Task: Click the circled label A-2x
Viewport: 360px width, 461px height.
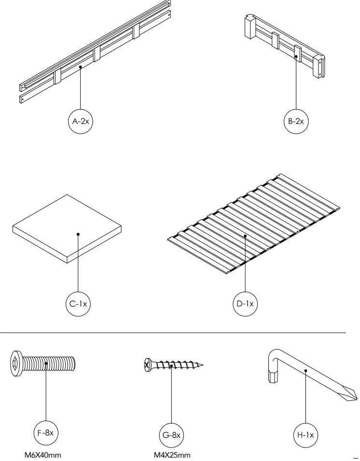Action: (80, 122)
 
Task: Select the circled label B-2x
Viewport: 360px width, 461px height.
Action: (296, 122)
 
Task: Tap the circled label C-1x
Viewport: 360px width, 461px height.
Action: (78, 304)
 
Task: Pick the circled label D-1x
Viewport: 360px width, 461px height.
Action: (245, 304)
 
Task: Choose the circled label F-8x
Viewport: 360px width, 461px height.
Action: (46, 433)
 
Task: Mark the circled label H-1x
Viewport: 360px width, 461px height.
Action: (305, 435)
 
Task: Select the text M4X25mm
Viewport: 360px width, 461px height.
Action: (172, 455)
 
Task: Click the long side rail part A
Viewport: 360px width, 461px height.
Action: (97, 53)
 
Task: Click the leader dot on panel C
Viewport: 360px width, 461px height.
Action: (78, 235)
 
